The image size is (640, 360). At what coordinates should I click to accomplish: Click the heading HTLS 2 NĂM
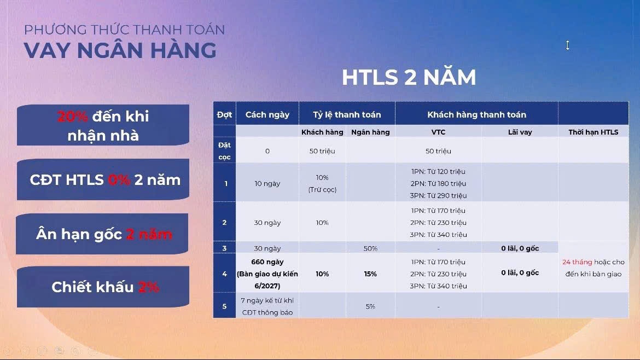coord(409,78)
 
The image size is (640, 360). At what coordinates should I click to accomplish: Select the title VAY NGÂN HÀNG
coord(120,50)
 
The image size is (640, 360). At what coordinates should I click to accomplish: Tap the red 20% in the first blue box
coord(72,117)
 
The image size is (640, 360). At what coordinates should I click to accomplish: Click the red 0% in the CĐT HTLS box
coord(119,179)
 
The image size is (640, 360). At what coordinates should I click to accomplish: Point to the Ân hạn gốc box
coord(102,234)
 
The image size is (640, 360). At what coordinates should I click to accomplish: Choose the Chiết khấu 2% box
coord(103,287)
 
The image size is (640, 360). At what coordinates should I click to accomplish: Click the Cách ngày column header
coord(267,115)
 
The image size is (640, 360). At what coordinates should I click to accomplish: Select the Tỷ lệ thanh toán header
coord(347,115)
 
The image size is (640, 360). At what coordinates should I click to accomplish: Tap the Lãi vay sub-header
coord(520,132)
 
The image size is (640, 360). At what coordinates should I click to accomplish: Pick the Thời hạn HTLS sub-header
coord(594,132)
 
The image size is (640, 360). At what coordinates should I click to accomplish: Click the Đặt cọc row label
coord(224,151)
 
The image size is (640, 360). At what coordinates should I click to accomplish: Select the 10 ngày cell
coord(267,184)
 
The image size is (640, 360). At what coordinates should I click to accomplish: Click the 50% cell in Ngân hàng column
coord(371,248)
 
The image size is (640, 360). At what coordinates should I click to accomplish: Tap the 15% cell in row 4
coord(371,274)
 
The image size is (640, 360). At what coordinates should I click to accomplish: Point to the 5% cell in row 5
coord(371,306)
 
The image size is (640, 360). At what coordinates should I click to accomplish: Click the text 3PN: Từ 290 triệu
coord(438,195)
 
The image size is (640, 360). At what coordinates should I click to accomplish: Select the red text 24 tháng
coord(577,262)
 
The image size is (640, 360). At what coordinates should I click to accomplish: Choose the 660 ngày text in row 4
coord(267,262)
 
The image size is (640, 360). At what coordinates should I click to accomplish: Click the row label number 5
coord(224,306)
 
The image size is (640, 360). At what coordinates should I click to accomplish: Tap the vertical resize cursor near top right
coord(567,45)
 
